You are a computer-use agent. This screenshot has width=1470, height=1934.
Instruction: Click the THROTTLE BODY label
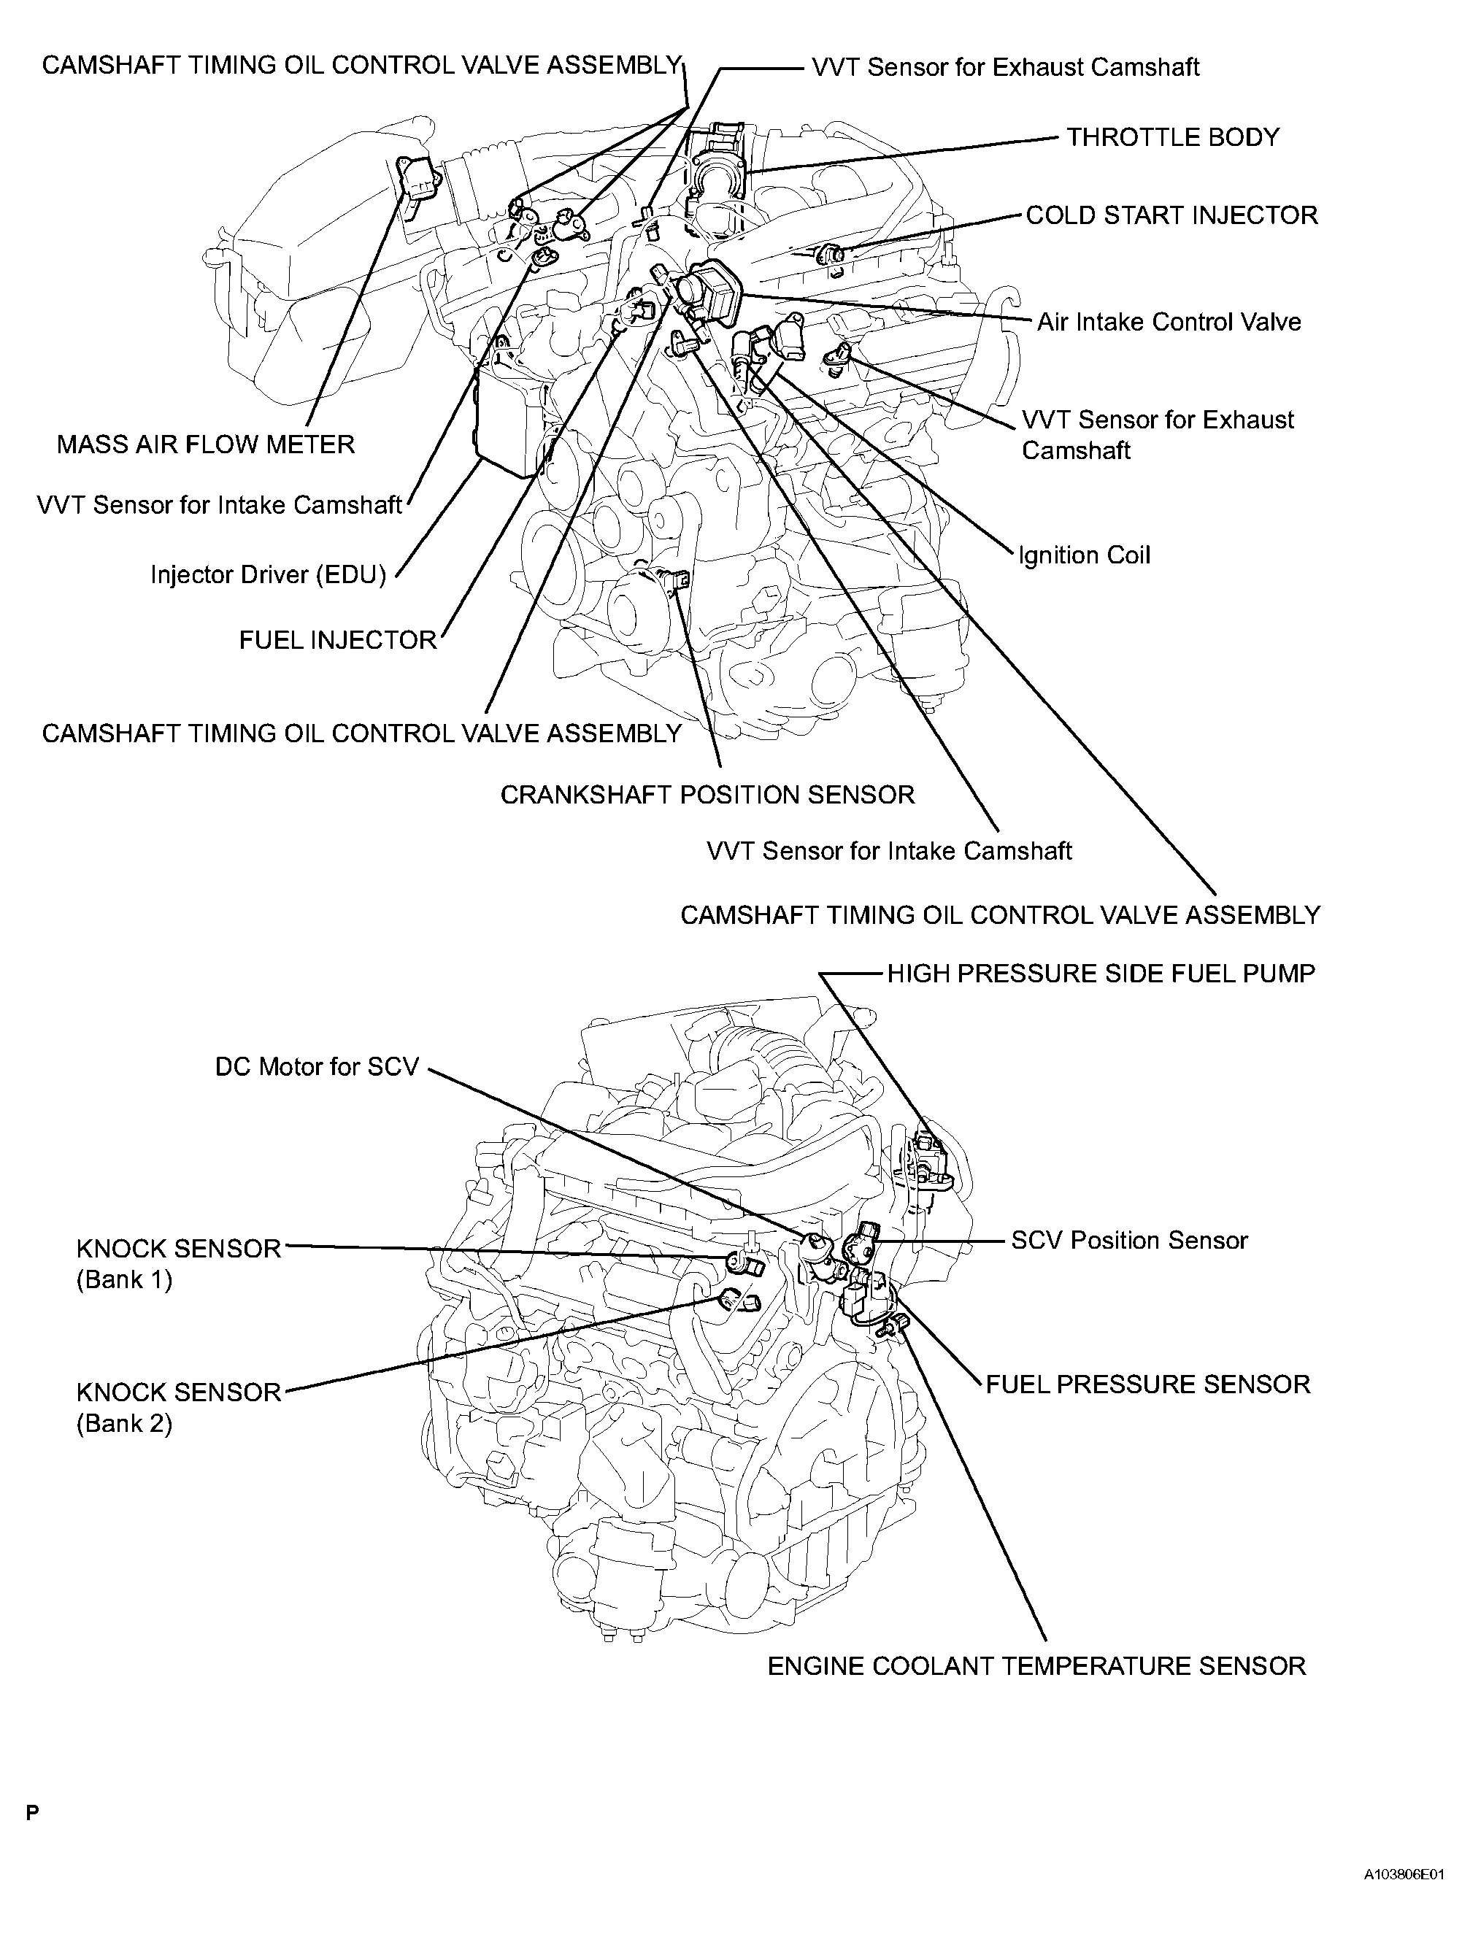point(1172,137)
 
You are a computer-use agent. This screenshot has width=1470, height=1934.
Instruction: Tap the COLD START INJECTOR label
point(1171,215)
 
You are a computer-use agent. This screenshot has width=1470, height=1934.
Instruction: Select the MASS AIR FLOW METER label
point(206,444)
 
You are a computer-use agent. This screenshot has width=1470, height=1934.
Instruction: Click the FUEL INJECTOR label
point(337,640)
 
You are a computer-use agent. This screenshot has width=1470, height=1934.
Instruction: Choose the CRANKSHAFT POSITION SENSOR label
point(707,794)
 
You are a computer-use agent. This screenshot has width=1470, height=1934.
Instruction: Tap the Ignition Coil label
point(1084,555)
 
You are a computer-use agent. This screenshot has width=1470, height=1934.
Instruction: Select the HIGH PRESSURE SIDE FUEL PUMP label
point(1101,974)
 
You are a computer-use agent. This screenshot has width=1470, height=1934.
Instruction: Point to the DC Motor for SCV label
point(317,1067)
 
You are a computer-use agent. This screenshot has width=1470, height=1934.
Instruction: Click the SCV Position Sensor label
point(1128,1241)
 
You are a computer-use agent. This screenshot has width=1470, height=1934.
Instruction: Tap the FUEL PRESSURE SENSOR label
point(1147,1384)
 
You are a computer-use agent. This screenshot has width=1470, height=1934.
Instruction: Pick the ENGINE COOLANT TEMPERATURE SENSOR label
point(1036,1666)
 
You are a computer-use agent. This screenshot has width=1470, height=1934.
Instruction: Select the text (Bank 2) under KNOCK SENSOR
point(124,1423)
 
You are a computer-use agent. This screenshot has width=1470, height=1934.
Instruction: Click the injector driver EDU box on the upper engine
point(510,424)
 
